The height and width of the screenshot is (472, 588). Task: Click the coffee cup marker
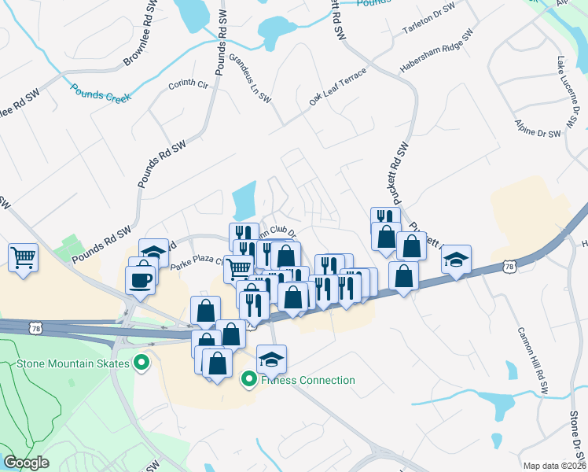pyautogui.click(x=141, y=280)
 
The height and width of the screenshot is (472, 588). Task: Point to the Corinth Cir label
pyautogui.click(x=186, y=83)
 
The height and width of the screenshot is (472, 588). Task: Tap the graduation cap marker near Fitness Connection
pyautogui.click(x=271, y=359)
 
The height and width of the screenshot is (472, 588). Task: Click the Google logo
pyautogui.click(x=27, y=463)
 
